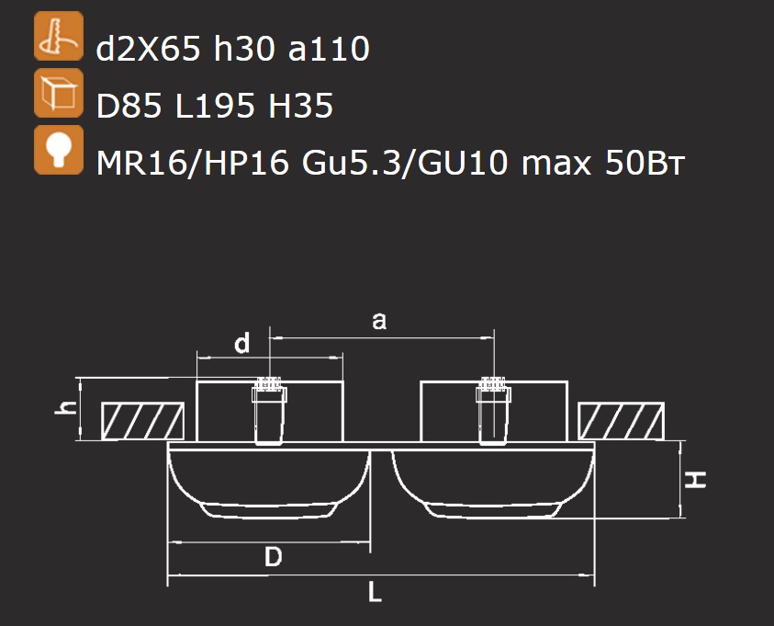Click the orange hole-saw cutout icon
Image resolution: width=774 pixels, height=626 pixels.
tap(59, 36)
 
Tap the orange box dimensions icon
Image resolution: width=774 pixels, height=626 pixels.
tap(59, 93)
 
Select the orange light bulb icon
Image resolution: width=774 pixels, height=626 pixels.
tap(59, 150)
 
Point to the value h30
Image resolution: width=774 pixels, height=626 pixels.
tap(244, 49)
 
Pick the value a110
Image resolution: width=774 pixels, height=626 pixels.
tap(329, 49)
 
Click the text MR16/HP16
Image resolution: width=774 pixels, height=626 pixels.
tap(193, 163)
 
